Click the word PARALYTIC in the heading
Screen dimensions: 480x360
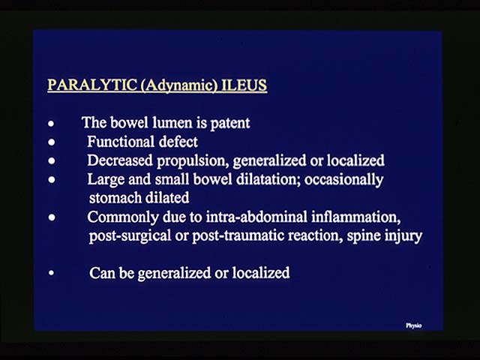[x=92, y=85]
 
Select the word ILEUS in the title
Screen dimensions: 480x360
[x=244, y=85]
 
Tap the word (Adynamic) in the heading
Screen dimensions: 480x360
[x=178, y=85]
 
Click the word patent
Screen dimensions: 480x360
[x=230, y=123]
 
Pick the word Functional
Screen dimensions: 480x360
[x=121, y=142]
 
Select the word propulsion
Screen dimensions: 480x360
[x=193, y=161]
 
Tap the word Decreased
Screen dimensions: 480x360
[x=120, y=160]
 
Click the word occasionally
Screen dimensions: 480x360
[x=343, y=180]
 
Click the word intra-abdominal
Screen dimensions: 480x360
[x=256, y=217]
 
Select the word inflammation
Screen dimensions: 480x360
[x=356, y=217]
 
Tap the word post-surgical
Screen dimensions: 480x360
[x=130, y=235]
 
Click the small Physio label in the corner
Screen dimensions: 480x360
[x=413, y=325]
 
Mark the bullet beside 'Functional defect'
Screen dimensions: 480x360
[x=52, y=142]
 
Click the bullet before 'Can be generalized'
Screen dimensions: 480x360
[x=52, y=273]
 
